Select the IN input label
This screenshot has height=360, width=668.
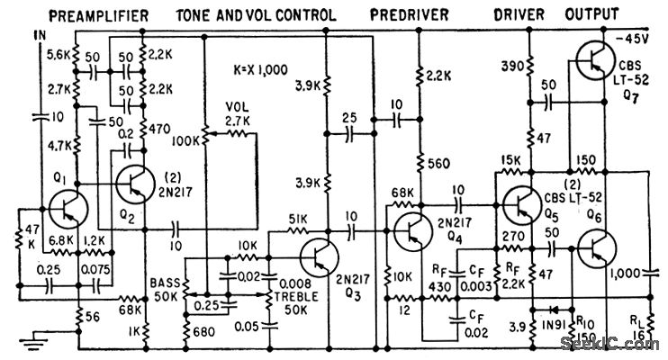(x=37, y=33)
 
